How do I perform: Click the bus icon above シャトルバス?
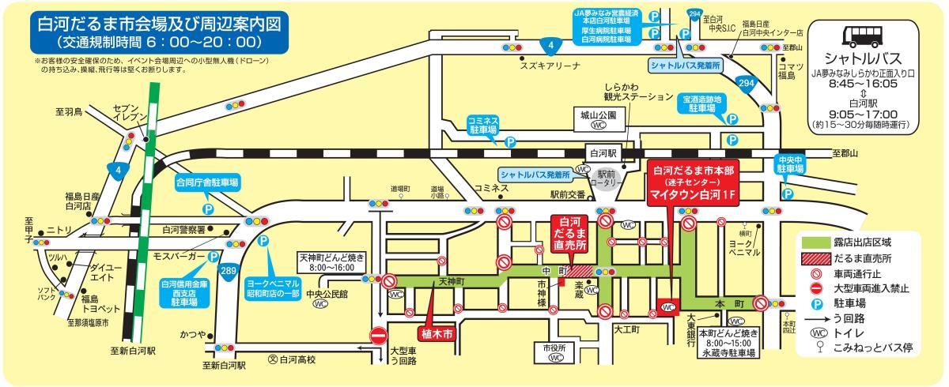point(859,36)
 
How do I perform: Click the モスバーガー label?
point(178,257)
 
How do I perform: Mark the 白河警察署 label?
point(184,230)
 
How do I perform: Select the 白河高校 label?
point(297,360)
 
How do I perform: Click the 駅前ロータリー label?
point(607,177)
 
